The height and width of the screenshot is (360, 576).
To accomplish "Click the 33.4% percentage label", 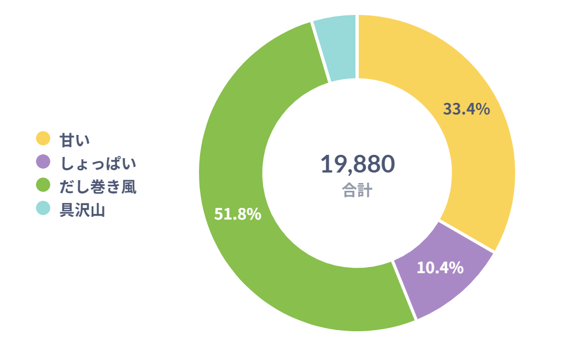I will click(467, 109).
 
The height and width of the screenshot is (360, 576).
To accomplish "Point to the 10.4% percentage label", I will click(439, 268).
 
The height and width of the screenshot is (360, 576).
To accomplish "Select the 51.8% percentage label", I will click(238, 214).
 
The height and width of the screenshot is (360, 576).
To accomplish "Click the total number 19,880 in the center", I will click(357, 164).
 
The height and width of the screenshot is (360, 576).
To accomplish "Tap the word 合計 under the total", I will click(357, 191).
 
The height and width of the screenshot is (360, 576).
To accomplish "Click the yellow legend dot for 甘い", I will click(43, 138).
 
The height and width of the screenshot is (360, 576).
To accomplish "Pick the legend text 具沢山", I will click(82, 210).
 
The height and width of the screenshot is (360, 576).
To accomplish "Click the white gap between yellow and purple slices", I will click(467, 236).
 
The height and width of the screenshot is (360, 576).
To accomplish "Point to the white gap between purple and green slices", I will click(404, 290).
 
